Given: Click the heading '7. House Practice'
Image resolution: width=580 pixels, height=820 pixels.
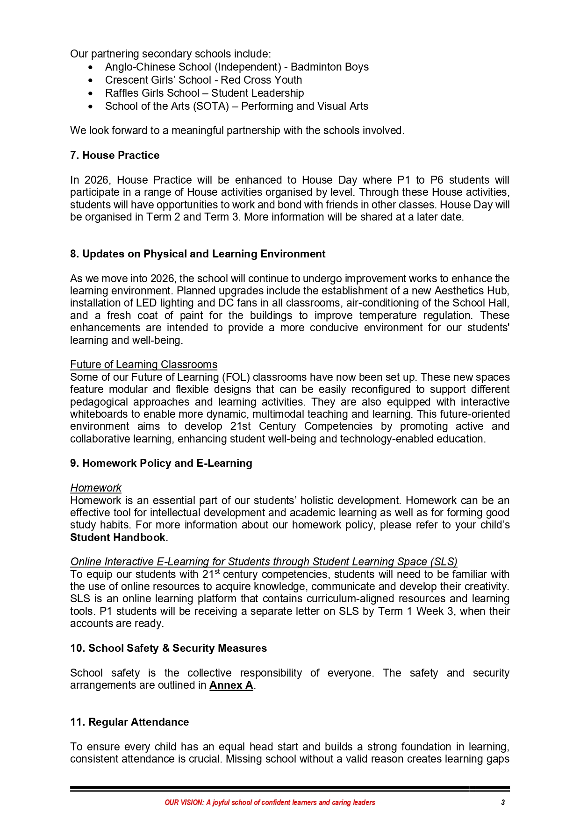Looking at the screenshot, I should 115,156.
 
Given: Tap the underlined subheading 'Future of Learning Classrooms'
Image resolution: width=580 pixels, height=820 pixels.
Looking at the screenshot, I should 143,365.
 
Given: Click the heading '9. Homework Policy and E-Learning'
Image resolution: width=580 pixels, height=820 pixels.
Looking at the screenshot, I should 161,463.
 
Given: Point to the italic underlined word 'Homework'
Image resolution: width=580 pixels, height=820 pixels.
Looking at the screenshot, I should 96,488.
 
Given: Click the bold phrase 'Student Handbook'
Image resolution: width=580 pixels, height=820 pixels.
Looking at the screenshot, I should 118,538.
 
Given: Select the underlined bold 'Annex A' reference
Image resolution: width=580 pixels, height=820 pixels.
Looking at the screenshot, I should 231,685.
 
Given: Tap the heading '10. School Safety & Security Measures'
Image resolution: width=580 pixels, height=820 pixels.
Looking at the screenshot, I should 168,649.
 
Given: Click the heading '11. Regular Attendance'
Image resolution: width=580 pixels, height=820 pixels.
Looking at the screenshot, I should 129,722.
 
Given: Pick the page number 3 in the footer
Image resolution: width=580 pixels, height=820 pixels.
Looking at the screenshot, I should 503,803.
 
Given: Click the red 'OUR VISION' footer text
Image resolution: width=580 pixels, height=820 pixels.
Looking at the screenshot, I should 270,803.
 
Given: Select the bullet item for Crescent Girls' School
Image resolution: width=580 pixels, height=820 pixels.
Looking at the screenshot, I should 203,80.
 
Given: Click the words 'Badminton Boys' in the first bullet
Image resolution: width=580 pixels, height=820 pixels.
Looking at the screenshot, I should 329,67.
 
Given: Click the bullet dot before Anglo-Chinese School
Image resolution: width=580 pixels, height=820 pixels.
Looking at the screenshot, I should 91,68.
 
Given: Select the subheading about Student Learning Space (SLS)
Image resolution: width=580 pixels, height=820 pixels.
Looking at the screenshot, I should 264,562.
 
